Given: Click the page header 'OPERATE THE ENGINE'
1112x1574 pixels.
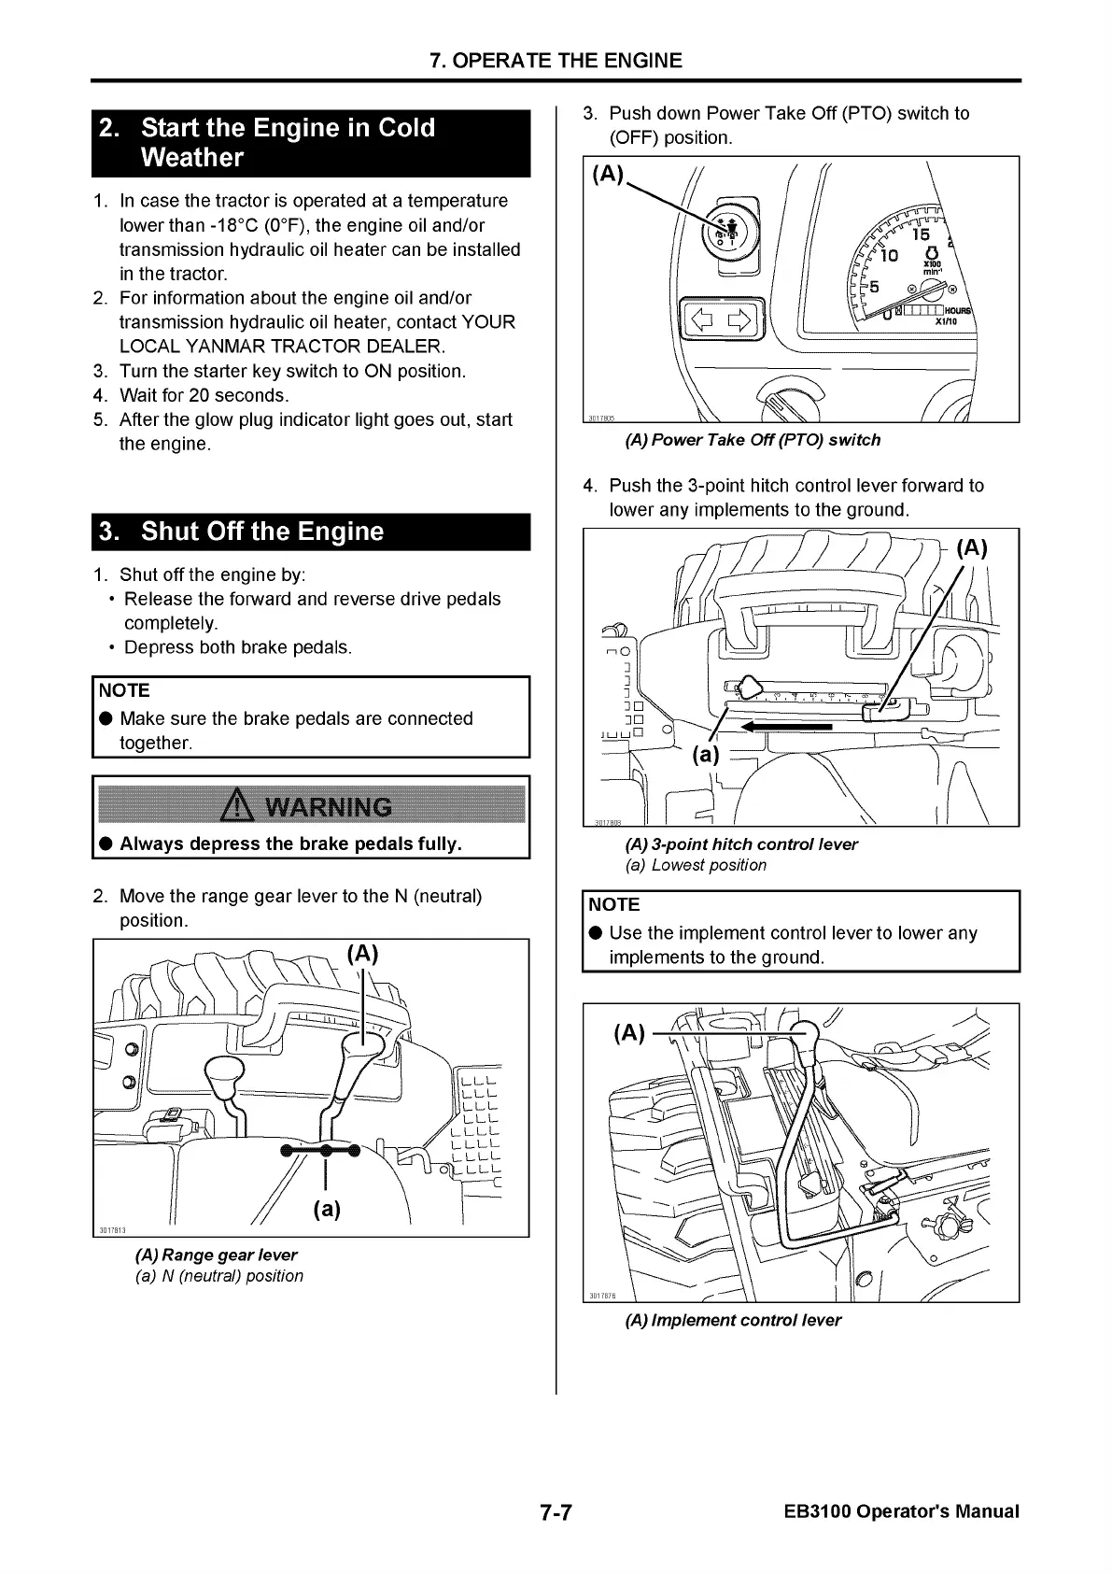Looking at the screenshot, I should (556, 61).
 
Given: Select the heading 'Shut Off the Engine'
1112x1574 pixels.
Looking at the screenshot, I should (262, 532).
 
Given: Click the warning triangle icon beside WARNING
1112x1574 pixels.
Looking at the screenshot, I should (240, 806).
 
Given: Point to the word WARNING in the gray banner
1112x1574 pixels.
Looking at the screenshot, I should (330, 806).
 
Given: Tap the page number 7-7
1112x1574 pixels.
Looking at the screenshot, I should (556, 1512).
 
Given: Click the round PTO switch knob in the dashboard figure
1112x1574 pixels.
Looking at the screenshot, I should (725, 231).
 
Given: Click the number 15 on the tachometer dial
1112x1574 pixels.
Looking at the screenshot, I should (921, 235).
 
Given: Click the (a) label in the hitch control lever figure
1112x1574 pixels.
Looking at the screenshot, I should (707, 754).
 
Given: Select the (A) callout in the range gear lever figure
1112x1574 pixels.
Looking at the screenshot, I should (362, 954).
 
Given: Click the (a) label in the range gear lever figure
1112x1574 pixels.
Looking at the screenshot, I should (327, 1209).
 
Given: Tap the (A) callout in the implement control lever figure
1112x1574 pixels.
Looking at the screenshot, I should (629, 1033).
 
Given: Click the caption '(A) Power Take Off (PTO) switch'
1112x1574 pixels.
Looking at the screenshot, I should (753, 440).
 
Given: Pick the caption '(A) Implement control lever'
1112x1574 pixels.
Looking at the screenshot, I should (733, 1320).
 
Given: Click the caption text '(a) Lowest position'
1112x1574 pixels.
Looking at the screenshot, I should (696, 865).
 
